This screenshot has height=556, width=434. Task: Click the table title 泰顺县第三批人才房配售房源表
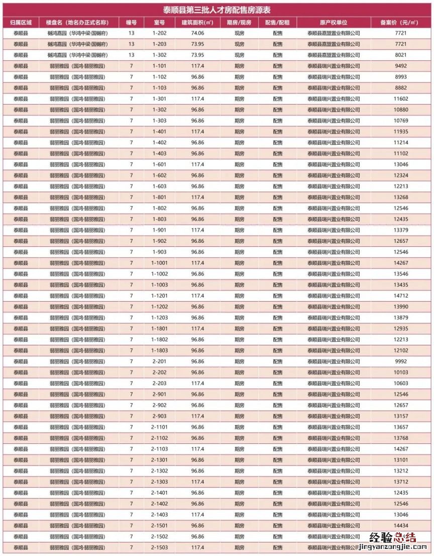(x=217, y=10)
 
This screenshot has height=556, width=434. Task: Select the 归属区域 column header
(x=21, y=23)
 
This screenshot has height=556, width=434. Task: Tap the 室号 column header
(x=159, y=23)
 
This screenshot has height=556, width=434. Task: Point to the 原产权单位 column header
(x=334, y=23)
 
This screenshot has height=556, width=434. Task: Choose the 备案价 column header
(x=400, y=23)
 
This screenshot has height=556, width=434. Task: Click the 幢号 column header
(x=131, y=23)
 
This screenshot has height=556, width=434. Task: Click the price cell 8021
(x=400, y=55)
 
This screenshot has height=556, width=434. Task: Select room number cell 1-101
(x=159, y=66)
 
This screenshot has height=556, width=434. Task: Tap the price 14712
(x=400, y=296)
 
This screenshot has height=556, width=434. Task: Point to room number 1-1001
(x=159, y=263)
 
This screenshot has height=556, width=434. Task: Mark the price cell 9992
(x=400, y=361)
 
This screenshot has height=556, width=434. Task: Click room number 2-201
(x=159, y=361)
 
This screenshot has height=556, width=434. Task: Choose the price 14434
(x=400, y=525)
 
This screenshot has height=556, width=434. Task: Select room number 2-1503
(x=159, y=547)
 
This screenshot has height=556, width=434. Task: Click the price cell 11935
(x=400, y=132)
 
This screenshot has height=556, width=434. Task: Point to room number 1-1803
(x=159, y=350)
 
